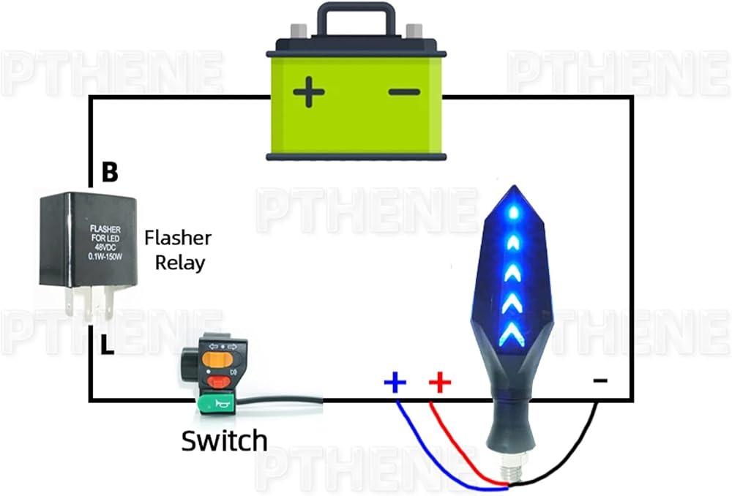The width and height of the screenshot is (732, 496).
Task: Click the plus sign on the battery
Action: [309, 92]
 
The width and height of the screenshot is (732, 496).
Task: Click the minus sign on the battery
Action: [404, 92]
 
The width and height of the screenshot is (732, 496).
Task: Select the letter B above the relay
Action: [110, 172]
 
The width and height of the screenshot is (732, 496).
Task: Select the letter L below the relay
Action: [108, 345]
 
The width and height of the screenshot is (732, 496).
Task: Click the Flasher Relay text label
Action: [179, 251]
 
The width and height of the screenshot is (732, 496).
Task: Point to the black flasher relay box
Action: [89, 239]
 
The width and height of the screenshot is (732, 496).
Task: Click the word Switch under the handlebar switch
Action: [224, 441]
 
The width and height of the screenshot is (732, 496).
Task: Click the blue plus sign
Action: [395, 383]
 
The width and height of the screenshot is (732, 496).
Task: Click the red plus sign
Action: [440, 383]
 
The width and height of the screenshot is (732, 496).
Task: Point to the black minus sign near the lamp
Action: [600, 380]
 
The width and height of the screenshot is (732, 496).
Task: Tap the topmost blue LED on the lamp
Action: [514, 213]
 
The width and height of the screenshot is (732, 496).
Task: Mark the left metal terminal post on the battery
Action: [299, 31]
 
